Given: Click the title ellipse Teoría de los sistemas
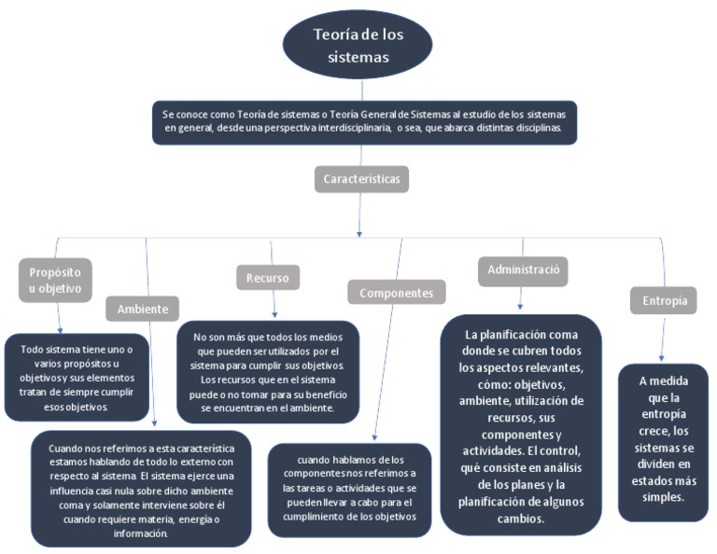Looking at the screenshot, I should (358, 45).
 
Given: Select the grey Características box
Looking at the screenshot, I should (360, 178).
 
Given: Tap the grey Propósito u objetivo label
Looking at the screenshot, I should (55, 280).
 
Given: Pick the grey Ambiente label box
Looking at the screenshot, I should (142, 309).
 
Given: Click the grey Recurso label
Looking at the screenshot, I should (268, 277).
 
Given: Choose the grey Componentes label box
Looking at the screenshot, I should (397, 292).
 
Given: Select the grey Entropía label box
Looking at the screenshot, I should (664, 300).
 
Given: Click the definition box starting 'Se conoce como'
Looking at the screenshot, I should (364, 121).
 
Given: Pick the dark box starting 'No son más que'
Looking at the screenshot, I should (269, 372).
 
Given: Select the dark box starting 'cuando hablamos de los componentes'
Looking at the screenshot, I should (350, 490).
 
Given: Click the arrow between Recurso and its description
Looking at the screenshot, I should (274, 305).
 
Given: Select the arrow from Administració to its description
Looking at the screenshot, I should (520, 298).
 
